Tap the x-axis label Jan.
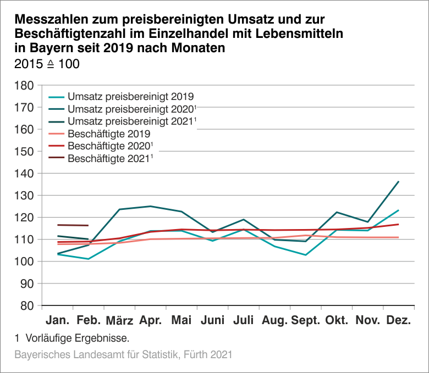(57, 320)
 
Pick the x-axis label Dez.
(399, 320)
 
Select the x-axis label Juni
(213, 320)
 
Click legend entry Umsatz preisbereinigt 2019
(130, 96)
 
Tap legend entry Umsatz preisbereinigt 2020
(131, 108)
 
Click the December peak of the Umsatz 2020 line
(398, 182)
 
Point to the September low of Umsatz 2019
(305, 255)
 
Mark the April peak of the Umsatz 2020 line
(150, 207)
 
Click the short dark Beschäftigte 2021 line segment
(73, 225)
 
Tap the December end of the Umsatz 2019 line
(398, 210)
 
